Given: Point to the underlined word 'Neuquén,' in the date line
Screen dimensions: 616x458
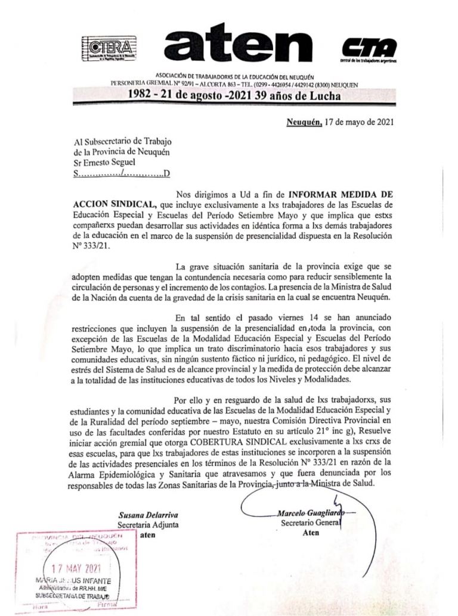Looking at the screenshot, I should point(304,123).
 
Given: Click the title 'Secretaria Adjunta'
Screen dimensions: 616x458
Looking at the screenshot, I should point(148,525).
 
